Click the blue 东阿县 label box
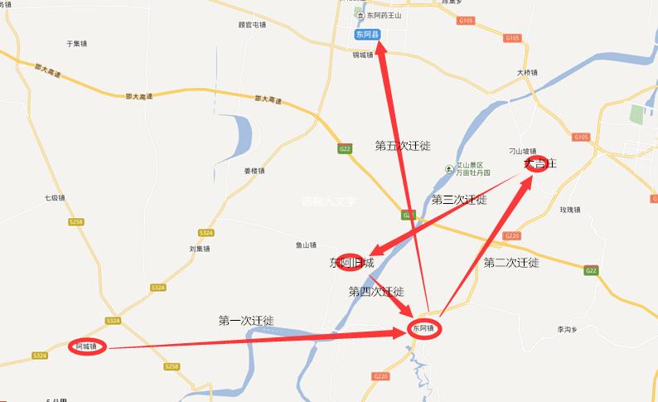point(366,35)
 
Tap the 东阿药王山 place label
point(382,16)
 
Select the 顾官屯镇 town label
point(251,25)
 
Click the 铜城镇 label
point(362,55)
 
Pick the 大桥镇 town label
point(527,73)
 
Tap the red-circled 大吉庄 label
point(539,164)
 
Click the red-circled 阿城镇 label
point(87,346)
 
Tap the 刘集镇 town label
point(200,249)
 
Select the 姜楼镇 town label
point(254,172)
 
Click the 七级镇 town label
point(55,198)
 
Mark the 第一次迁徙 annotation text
point(246,320)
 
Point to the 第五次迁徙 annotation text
point(403,146)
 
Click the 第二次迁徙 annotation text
point(511,263)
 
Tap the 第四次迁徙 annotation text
point(376,292)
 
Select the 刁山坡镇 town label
point(523,151)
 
